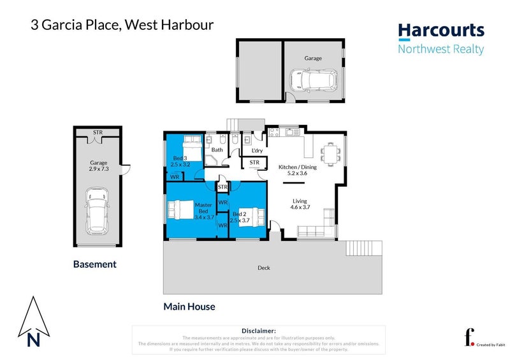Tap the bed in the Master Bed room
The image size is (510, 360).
tap(182, 210)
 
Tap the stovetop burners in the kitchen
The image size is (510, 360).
tap(275, 133)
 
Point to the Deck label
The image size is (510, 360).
tap(264, 268)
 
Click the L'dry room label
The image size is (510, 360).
tap(257, 150)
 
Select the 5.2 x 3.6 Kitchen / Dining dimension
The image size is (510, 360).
tap(293, 173)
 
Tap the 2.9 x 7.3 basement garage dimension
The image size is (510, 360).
tap(98, 169)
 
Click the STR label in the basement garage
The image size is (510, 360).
tap(98, 133)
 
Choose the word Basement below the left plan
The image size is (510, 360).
tap(95, 264)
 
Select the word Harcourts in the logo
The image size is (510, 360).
tap(441, 31)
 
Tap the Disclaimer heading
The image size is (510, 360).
tap(258, 331)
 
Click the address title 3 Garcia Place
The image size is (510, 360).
tap(76, 25)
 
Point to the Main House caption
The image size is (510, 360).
tap(189, 306)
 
